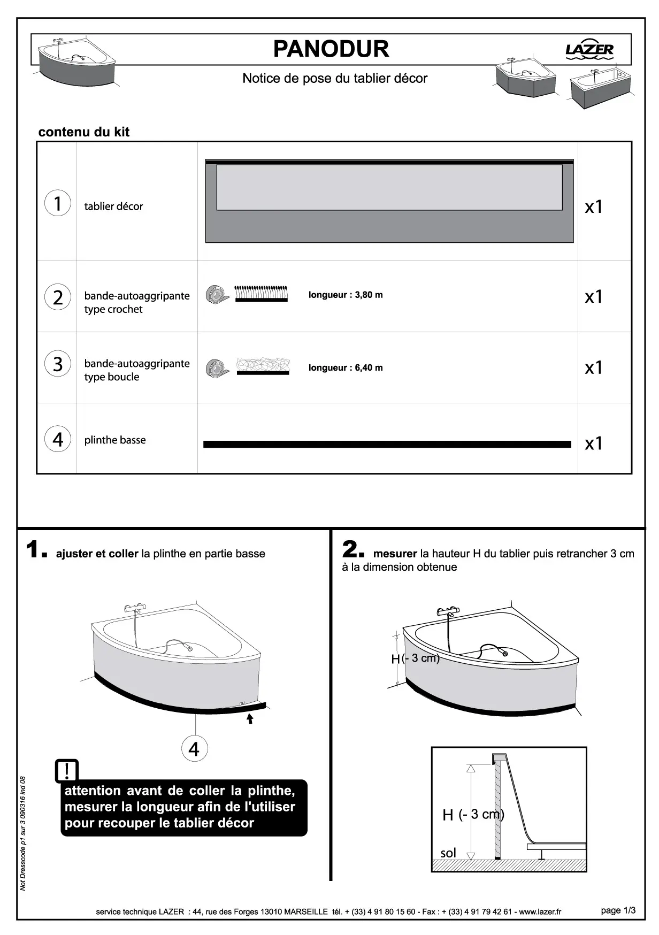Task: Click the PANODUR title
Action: coord(331,49)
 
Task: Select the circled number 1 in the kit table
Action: coord(57,203)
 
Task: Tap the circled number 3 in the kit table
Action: coord(57,364)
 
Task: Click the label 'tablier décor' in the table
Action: coord(113,206)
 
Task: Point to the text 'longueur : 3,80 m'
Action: coord(346,295)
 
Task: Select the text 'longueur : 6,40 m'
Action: coord(346,367)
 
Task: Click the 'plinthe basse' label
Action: coord(115,440)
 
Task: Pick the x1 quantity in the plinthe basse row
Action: coord(594,443)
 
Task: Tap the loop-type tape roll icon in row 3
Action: coord(217,368)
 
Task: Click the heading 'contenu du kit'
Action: coord(84,132)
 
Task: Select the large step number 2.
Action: coord(352,550)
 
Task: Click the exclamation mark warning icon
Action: coord(67,771)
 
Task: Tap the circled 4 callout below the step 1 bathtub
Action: coord(194,749)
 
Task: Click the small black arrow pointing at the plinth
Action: coord(250,718)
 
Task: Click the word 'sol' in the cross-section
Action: coord(448,853)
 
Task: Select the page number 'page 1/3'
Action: coord(618,910)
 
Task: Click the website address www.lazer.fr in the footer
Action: coord(540,911)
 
